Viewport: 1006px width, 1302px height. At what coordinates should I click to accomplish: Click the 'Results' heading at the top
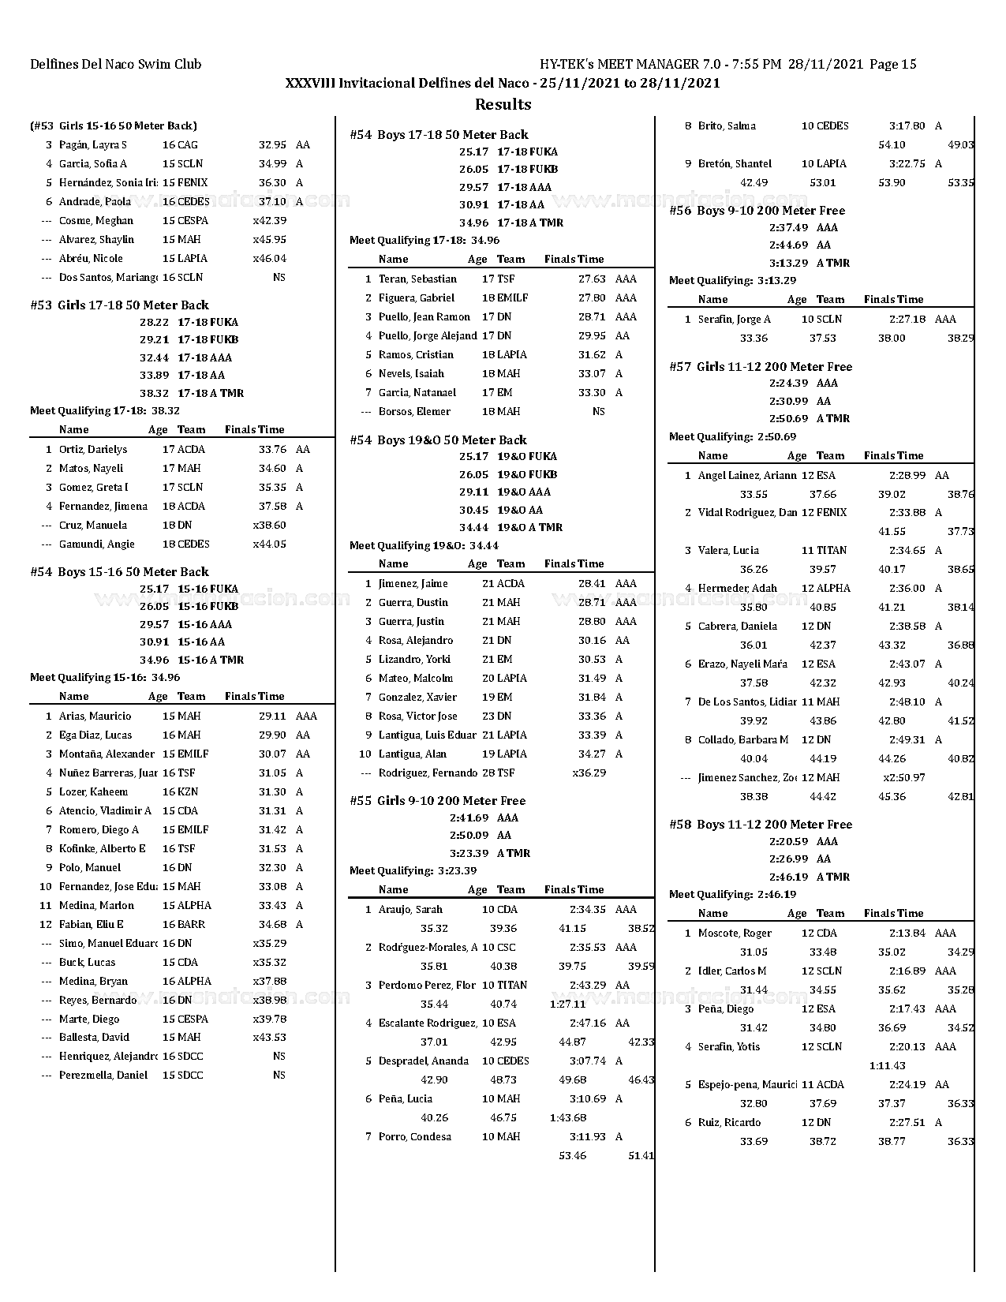pos(503,104)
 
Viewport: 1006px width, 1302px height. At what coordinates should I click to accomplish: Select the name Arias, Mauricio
pos(95,716)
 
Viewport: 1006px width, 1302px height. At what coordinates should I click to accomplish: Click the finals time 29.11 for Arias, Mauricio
pos(272,716)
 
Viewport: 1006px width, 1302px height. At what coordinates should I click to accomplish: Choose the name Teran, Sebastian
pos(417,279)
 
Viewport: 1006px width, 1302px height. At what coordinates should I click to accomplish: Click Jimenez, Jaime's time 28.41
pos(592,584)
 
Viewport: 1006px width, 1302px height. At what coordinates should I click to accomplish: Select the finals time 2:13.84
pos(907,933)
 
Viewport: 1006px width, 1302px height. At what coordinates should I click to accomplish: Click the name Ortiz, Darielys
pos(93,450)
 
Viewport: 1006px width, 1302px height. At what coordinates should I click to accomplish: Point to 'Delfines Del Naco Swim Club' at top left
pos(116,65)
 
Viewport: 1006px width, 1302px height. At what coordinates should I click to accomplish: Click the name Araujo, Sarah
pos(410,910)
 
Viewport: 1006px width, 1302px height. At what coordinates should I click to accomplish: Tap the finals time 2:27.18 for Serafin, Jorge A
pos(907,320)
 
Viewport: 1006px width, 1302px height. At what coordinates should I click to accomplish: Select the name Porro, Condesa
pos(415,1137)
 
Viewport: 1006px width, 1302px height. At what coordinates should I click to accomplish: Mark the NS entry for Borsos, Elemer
pos(598,412)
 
